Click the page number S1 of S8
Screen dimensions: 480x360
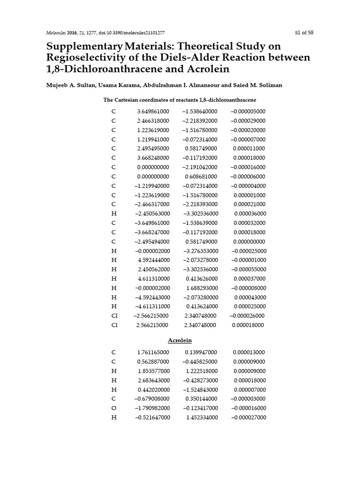pyautogui.click(x=304, y=33)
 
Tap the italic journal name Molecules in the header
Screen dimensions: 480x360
pyautogui.click(x=56, y=33)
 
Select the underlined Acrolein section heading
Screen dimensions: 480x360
pyautogui.click(x=180, y=340)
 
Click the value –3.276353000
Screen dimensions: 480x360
pyautogui.click(x=200, y=251)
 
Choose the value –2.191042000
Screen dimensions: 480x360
pyautogui.click(x=200, y=167)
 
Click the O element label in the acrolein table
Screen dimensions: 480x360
pyautogui.click(x=113, y=408)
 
